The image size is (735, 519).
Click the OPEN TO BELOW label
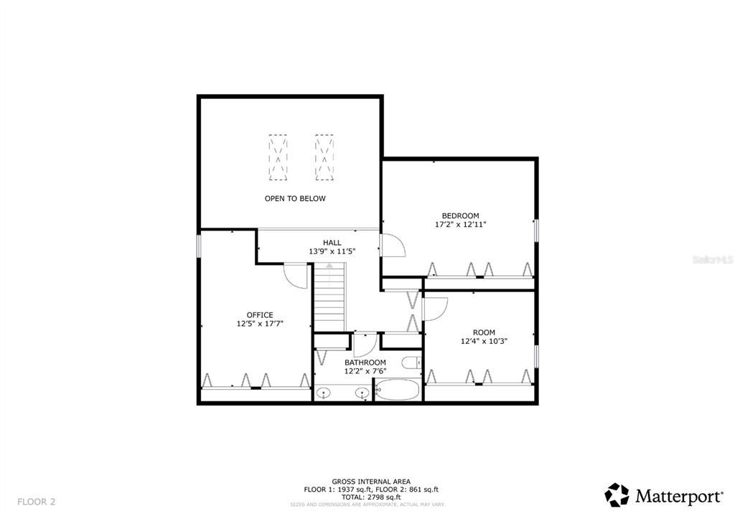294,199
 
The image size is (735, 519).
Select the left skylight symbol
278,157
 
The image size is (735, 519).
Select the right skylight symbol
324,157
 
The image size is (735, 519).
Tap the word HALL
332,243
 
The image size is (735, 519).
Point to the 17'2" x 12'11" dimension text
460,225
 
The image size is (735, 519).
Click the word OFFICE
259,314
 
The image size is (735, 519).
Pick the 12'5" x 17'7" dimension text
259,324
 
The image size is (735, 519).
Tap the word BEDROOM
460,215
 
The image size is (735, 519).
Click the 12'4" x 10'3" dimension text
484,342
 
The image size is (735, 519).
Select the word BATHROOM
365,363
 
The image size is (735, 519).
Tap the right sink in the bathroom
362,393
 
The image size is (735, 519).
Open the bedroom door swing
393,246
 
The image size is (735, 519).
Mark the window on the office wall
200,245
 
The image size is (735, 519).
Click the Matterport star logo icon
617,495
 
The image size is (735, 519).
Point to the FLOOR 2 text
37,502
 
